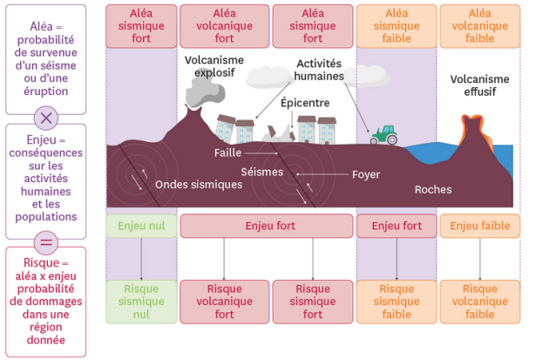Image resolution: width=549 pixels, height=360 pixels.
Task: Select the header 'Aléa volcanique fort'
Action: coord(225,26)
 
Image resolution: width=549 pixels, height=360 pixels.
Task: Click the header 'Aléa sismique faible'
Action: coord(396,26)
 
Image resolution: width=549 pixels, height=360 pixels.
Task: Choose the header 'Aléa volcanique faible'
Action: coord(479,26)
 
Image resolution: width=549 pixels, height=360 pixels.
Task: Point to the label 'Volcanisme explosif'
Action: coord(214,66)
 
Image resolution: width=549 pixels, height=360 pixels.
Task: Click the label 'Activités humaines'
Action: coord(319,70)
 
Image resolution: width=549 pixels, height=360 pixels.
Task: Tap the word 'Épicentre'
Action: coord(305,102)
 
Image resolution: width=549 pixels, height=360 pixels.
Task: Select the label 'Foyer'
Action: coord(366,174)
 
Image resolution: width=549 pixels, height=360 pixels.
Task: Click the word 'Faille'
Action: coord(227,153)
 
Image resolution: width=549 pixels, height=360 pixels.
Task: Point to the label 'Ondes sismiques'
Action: coord(199,185)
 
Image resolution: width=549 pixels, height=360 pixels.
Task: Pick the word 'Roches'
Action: coord(433,189)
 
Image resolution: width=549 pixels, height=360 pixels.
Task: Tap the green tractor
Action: coord(383,134)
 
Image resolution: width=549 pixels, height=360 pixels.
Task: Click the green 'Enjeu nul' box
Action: coord(141,226)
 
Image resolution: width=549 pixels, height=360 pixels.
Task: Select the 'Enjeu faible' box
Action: coord(479,226)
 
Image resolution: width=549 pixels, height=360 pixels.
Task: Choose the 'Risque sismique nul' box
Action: coord(141,302)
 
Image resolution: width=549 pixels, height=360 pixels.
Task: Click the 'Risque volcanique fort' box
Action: coord(225,302)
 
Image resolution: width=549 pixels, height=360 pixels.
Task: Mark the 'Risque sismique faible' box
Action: coord(396,302)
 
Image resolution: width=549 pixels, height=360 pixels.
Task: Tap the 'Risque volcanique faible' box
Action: coord(479,302)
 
